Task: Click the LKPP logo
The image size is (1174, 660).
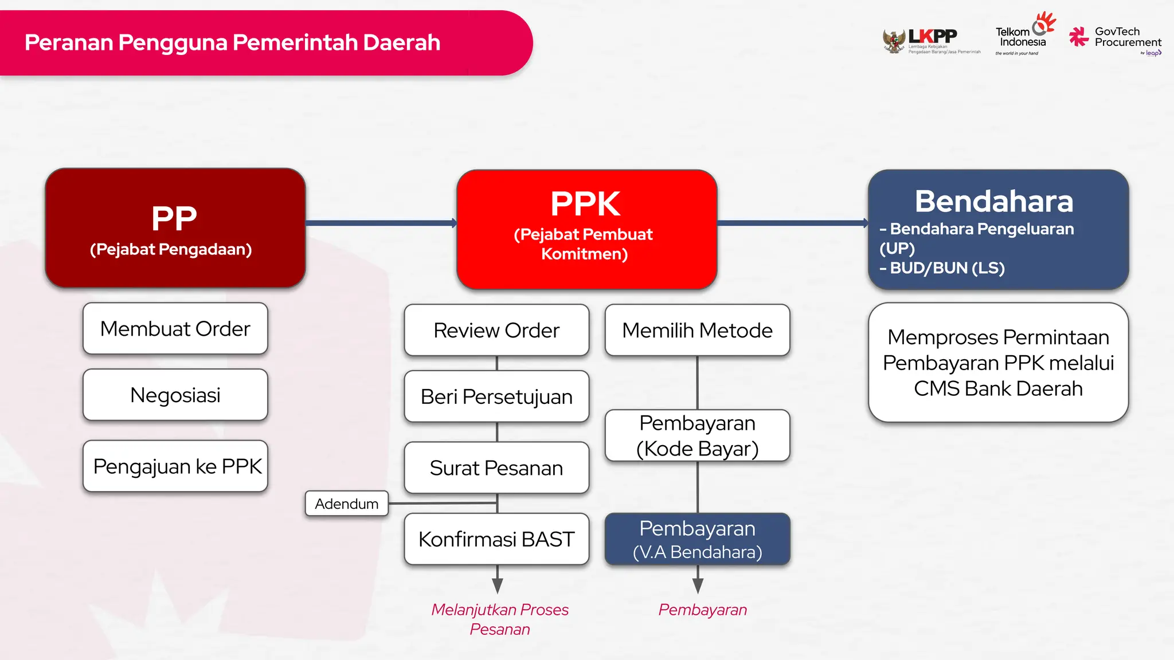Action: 930,40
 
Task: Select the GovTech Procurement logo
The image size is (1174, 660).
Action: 1115,39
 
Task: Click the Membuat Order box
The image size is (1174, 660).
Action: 175,329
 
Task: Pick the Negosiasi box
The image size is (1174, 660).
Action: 175,395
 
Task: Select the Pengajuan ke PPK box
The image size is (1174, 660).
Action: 175,466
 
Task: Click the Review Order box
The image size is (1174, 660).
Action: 496,331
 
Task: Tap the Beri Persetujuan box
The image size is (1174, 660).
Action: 496,396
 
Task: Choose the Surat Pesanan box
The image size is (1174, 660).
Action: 496,468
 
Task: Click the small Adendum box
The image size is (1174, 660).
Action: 347,504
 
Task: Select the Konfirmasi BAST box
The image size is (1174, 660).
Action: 496,539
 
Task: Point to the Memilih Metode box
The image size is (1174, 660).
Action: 697,331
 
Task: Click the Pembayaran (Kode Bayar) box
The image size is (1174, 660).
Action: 697,436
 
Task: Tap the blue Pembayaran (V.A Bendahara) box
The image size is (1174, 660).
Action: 697,539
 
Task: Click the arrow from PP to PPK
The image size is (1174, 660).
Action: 381,223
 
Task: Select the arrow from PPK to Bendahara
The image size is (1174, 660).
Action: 792,223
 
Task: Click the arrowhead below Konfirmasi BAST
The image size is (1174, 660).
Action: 498,585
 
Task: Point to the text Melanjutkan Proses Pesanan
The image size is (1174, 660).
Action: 500,619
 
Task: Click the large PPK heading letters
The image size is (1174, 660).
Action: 585,204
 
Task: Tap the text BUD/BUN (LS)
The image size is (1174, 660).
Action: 946,268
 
